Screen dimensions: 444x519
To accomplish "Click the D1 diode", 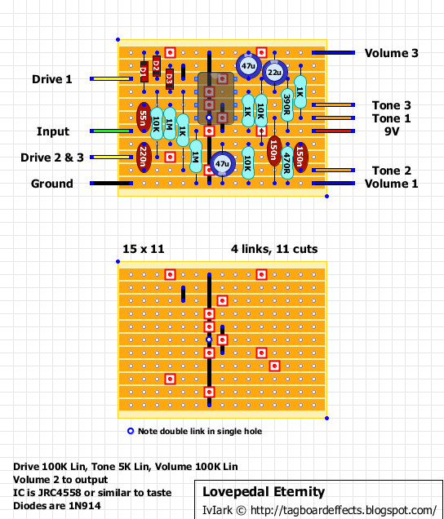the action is tap(144, 72).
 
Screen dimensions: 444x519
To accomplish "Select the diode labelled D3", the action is tap(170, 79).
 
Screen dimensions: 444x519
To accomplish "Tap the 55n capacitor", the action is tap(144, 118).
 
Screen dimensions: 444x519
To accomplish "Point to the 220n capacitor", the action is tap(144, 157).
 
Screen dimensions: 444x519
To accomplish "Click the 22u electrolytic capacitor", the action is tap(274, 72).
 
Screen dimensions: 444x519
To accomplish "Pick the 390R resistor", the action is tap(287, 104).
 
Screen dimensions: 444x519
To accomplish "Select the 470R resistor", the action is tap(287, 163).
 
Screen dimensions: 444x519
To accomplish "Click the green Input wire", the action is tap(111, 131).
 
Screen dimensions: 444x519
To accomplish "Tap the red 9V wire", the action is tap(333, 131).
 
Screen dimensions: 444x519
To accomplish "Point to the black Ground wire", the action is tap(111, 183).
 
